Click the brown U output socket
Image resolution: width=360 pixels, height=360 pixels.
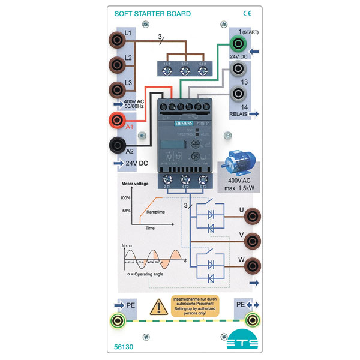coord(255,214)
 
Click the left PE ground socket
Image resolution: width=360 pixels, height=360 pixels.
coord(116,320)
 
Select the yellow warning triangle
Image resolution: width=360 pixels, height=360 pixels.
coord(158,307)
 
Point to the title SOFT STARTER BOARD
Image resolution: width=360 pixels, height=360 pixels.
coord(153,13)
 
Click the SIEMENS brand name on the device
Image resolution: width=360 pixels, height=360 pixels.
coord(184,122)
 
